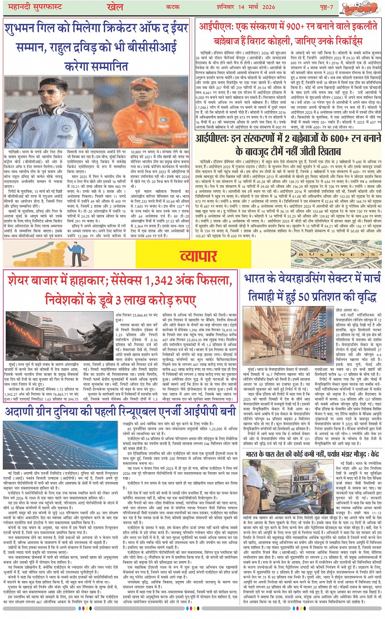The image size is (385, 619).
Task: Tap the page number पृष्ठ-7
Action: point(325,7)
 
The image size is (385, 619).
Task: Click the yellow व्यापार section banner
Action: point(198,256)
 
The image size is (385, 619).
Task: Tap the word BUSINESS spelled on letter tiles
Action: point(337,254)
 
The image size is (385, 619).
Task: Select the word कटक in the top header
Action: point(173,7)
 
